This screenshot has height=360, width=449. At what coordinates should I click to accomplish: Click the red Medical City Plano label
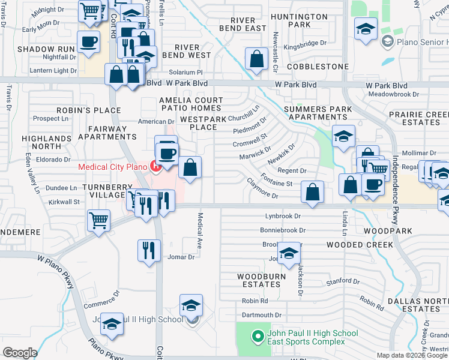tap(113, 166)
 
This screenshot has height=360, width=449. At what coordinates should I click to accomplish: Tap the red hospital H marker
tap(155, 166)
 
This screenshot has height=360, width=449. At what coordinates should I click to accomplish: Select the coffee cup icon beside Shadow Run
tap(89, 43)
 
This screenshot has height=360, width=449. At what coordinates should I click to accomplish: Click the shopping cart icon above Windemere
tap(98, 220)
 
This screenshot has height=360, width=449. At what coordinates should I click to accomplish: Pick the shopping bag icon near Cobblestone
tap(256, 60)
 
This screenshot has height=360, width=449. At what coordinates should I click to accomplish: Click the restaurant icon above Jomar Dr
tap(149, 250)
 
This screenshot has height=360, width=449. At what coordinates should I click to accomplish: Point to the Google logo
tap(20, 352)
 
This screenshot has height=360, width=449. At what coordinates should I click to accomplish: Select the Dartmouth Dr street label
tap(261, 315)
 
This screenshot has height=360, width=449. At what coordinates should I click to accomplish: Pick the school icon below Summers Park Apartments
tap(343, 137)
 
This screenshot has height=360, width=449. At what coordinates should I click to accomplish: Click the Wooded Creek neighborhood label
tap(360, 245)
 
